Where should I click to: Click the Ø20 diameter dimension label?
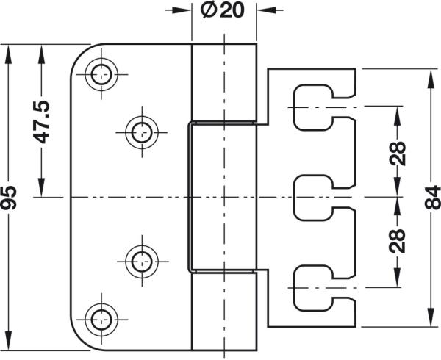coord(223,12)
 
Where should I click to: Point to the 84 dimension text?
coord(431,197)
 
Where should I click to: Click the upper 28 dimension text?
coord(398,154)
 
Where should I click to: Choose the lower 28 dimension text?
coord(398,240)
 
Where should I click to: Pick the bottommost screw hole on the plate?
coord(101,317)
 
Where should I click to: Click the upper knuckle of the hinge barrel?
coord(223,81)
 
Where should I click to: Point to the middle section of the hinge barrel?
coord(223,197)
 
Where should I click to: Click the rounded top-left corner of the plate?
coord(82,54)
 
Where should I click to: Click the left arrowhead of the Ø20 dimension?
coord(184,11)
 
